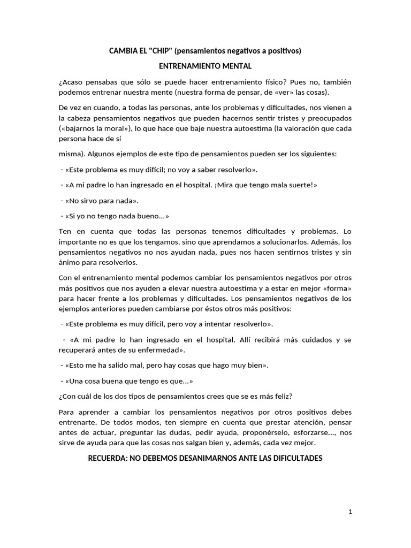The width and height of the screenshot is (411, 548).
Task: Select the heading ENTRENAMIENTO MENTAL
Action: tap(205, 66)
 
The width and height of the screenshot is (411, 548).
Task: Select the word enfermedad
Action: tap(163, 350)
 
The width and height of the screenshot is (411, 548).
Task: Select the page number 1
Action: tap(350, 512)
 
